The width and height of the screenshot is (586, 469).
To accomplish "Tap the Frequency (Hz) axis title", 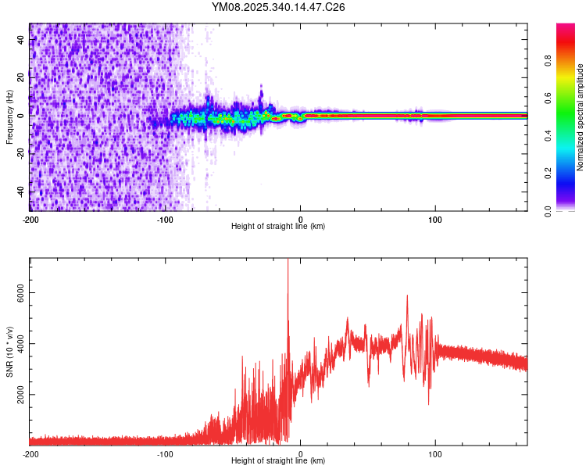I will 9,116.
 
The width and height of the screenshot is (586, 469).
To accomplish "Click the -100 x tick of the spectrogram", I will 165,219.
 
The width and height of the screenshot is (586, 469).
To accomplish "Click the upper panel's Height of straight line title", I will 278,227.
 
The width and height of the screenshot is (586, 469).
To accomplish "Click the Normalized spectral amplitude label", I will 581,117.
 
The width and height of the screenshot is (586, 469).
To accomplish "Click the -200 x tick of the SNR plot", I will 30,453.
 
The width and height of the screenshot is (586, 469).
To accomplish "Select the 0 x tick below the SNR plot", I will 300,453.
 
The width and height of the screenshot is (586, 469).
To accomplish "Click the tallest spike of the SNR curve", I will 288,261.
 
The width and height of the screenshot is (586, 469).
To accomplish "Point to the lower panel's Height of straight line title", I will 278,461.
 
